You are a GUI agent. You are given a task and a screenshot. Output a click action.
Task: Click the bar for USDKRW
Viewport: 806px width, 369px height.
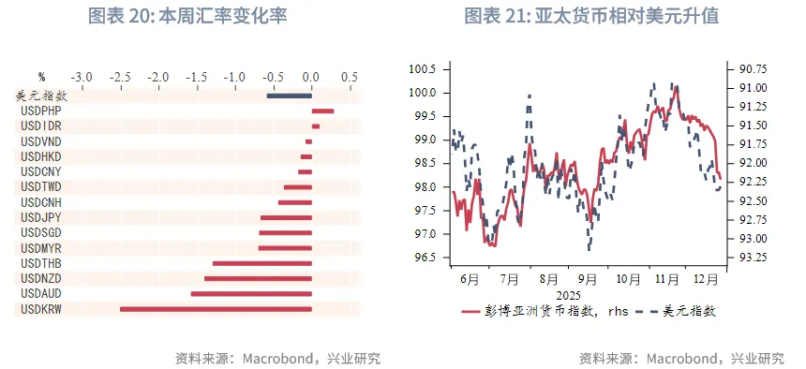[x=215, y=308]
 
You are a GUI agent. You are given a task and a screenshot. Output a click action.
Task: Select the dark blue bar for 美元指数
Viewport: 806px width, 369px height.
[x=289, y=95]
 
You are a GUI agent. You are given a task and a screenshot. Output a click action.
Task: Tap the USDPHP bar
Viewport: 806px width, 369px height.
[x=322, y=111]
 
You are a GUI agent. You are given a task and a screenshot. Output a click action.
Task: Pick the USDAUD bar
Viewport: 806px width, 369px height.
[x=250, y=293]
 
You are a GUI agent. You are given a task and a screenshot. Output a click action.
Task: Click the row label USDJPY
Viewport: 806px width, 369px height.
[x=40, y=217]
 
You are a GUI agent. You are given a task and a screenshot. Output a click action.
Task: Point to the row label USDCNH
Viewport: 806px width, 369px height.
[x=40, y=202]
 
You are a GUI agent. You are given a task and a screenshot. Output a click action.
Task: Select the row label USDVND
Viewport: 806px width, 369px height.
[x=40, y=140]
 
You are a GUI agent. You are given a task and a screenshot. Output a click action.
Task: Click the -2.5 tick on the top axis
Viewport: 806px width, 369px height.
[x=118, y=76]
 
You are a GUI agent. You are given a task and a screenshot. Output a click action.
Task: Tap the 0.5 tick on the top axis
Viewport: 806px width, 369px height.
[x=350, y=76]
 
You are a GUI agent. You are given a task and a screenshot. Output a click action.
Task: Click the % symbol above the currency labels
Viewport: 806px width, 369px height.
[x=41, y=76]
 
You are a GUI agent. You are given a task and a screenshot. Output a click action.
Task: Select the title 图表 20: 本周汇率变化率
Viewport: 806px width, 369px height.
[x=187, y=17]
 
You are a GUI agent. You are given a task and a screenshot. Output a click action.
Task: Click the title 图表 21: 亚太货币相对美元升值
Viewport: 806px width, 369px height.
[x=591, y=17]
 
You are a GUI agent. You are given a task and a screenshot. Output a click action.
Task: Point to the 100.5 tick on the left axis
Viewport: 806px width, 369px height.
[x=422, y=69]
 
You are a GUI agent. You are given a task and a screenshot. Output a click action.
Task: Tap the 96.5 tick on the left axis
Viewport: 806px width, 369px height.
[x=425, y=258]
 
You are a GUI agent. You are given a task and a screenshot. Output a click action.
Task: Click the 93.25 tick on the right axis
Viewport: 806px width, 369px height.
[x=754, y=258]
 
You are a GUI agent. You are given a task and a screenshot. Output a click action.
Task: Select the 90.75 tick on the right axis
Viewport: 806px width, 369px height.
[x=754, y=69]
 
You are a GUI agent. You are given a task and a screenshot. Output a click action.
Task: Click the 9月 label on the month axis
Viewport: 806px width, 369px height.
[x=588, y=278]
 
